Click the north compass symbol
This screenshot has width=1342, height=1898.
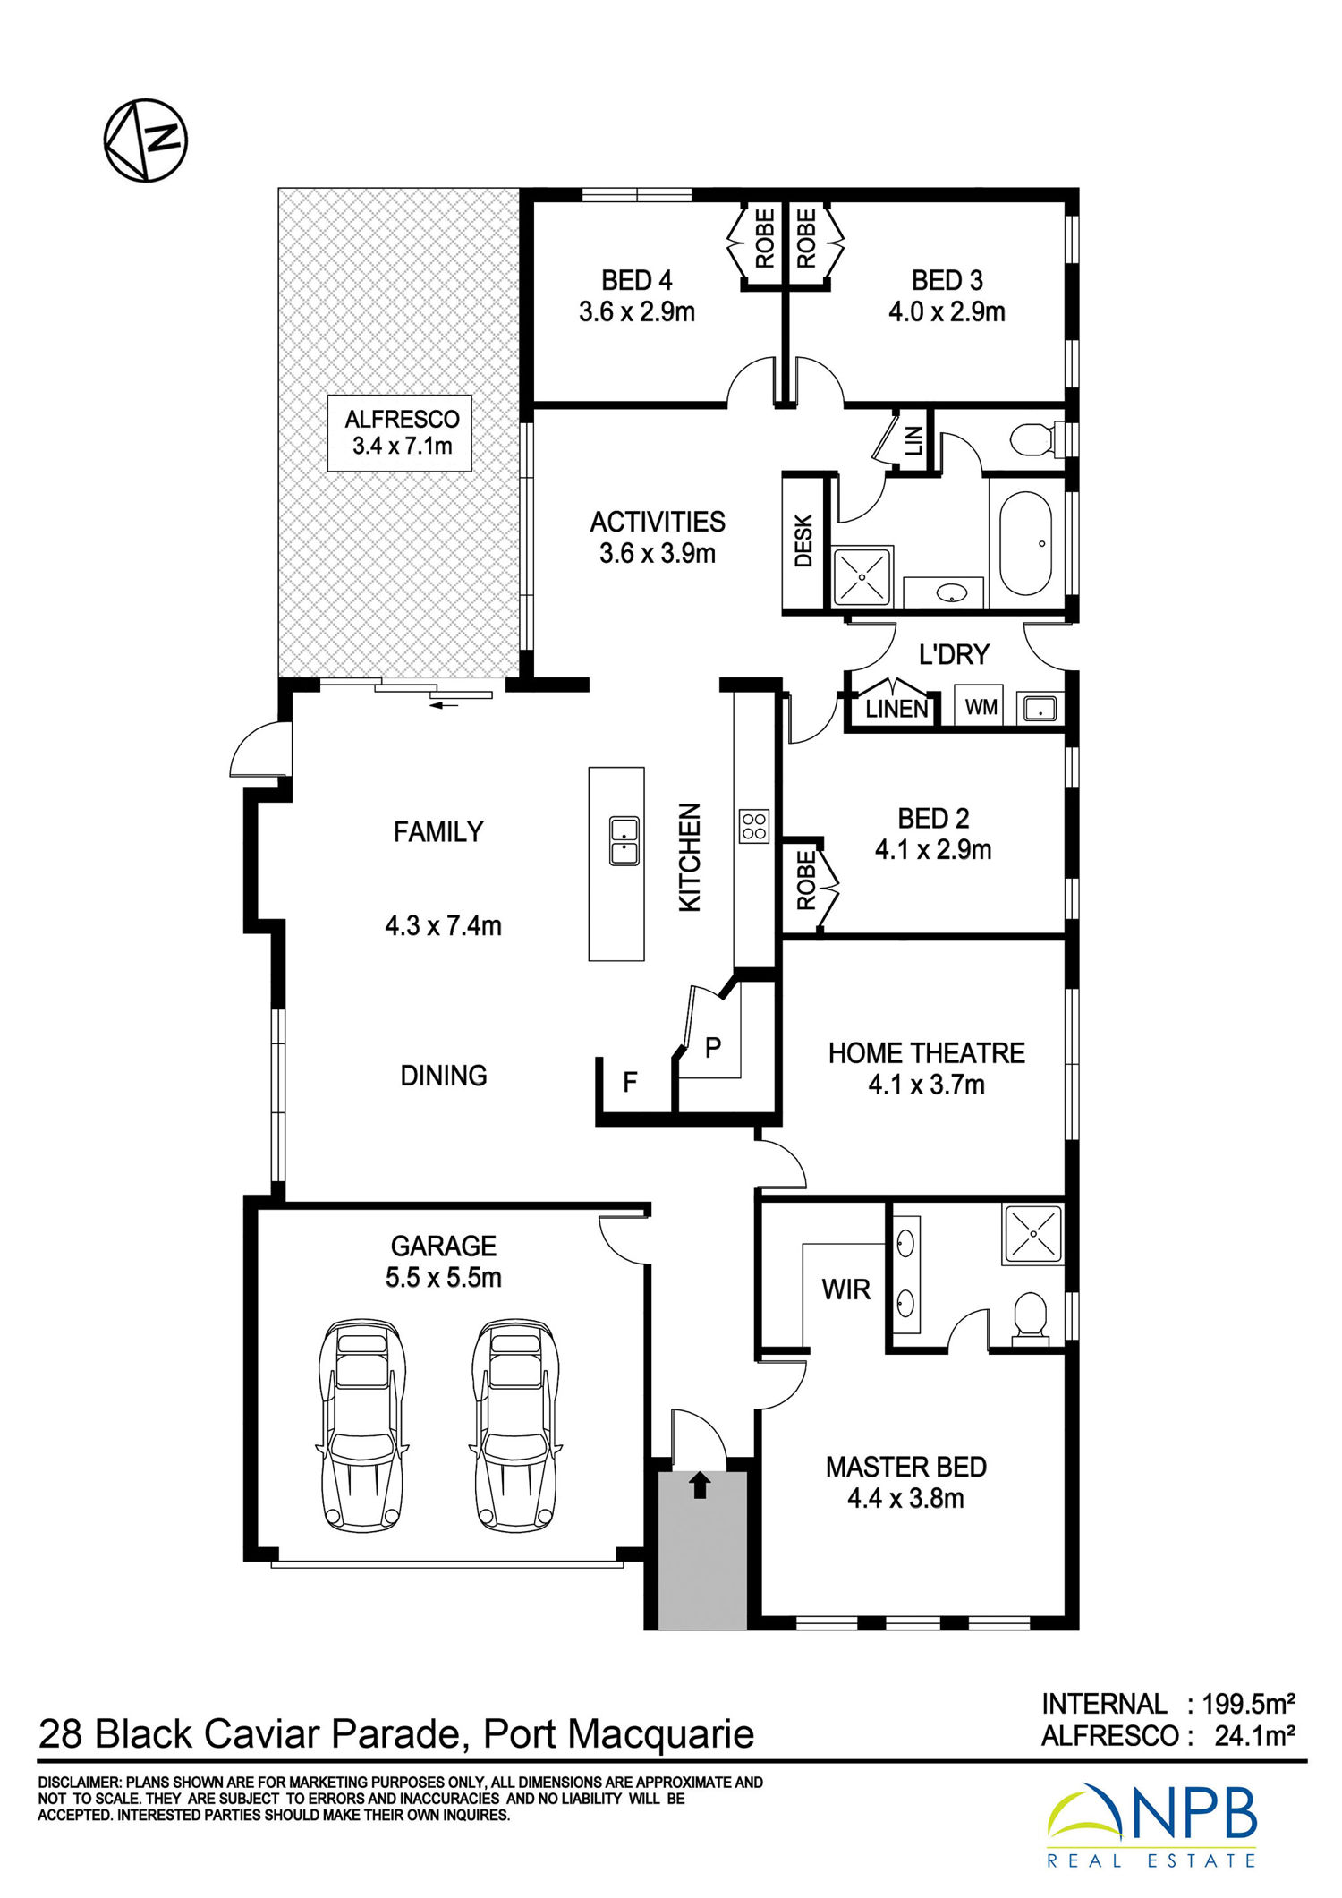[x=146, y=140]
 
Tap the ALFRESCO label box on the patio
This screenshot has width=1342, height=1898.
[x=400, y=433]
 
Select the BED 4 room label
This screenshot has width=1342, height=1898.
[x=637, y=280]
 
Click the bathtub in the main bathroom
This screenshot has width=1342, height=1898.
[x=1025, y=543]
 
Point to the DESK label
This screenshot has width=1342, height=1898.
[x=803, y=540]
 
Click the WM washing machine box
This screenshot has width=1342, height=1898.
[x=981, y=707]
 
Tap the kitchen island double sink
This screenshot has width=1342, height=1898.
[x=624, y=841]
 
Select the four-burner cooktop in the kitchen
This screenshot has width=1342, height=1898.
[x=754, y=826]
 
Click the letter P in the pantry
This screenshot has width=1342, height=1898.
[x=713, y=1047]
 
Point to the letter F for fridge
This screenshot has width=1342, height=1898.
[x=630, y=1082]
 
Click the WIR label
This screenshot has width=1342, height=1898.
[x=845, y=1289]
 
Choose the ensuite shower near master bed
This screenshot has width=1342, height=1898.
[x=1032, y=1234]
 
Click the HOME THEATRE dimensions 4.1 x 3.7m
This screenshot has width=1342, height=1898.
[x=926, y=1085]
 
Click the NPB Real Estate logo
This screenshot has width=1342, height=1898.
[x=1152, y=1827]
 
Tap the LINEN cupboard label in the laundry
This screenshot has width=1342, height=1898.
[x=896, y=709]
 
